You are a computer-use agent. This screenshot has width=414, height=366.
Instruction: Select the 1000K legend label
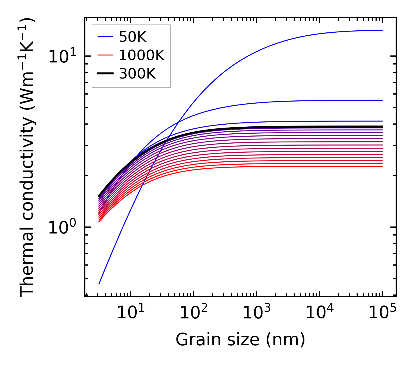[142, 55]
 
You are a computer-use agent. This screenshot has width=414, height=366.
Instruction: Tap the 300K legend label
[137, 74]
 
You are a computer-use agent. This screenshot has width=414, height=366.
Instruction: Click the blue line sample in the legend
[105, 37]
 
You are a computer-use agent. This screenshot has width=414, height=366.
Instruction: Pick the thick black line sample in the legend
[105, 74]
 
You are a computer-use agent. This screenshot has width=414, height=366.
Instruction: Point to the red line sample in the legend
[105, 55]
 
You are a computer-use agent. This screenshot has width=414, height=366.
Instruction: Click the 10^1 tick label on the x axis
[130, 313]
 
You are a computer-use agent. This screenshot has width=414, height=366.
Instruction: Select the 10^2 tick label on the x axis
[193, 313]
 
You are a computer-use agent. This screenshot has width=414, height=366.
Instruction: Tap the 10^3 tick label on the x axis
[256, 313]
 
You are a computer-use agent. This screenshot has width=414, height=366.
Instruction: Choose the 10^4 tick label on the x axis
[319, 313]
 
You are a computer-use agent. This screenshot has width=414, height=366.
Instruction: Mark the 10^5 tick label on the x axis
[382, 313]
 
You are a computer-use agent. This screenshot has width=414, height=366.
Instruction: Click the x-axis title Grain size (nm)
[240, 340]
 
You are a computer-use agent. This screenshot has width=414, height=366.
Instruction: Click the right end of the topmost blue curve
[382, 30]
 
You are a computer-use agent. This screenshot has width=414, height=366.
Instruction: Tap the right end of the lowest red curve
[382, 166]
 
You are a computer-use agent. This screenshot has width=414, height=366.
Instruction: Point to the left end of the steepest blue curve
[99, 284]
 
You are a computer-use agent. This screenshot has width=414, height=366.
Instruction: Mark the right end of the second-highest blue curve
[382, 100]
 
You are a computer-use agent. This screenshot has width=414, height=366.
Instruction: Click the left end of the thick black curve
[99, 196]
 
